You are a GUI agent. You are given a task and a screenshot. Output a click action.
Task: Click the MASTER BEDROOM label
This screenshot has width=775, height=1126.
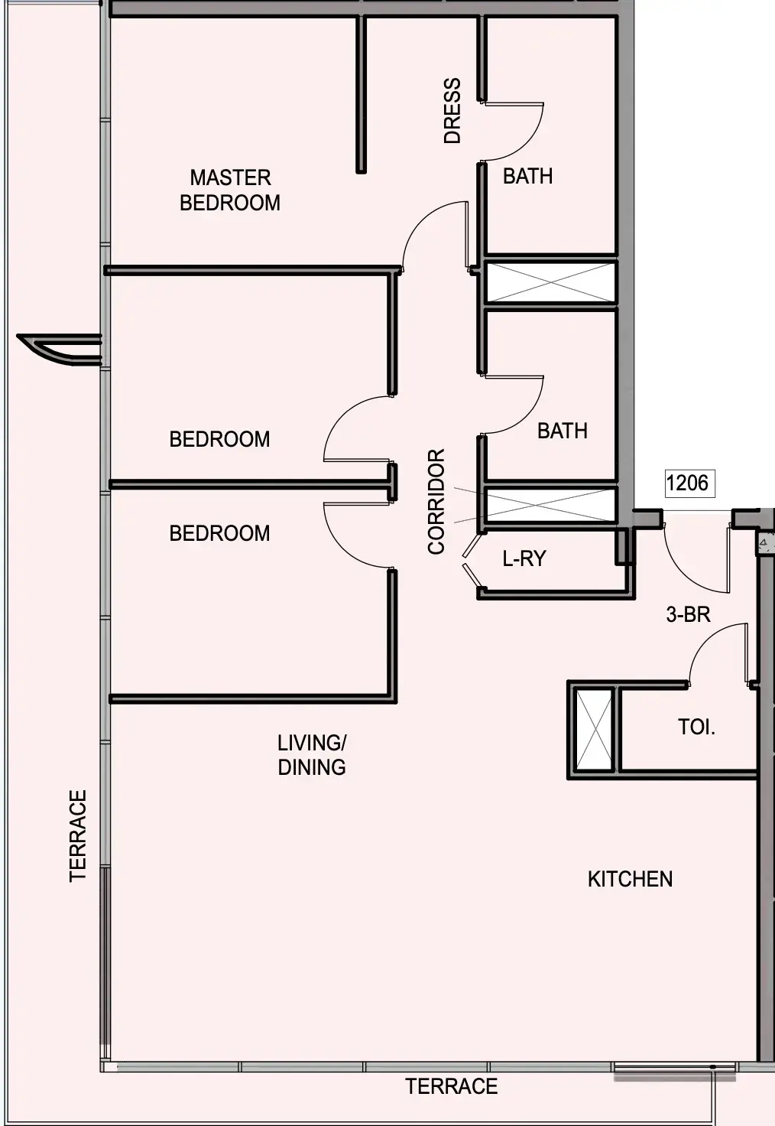pyautogui.click(x=230, y=190)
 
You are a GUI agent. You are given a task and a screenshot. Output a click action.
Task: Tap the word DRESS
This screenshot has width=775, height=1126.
pyautogui.click(x=452, y=111)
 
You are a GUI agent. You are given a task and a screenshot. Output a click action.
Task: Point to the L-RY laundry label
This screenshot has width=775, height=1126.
pyautogui.click(x=524, y=558)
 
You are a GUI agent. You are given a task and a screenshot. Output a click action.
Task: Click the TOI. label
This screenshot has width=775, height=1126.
pyautogui.click(x=696, y=727)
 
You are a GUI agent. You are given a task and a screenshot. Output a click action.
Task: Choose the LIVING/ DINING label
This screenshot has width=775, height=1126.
pyautogui.click(x=312, y=755)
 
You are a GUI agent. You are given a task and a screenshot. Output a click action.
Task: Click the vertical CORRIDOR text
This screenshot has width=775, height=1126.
pyautogui.click(x=436, y=501)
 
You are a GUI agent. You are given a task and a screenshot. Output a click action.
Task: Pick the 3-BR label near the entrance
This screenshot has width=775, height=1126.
pyautogui.click(x=688, y=614)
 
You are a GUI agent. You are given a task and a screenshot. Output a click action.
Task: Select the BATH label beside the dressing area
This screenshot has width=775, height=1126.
pyautogui.click(x=528, y=177)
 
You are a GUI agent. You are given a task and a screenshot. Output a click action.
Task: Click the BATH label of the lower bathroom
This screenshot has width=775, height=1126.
pyautogui.click(x=562, y=431)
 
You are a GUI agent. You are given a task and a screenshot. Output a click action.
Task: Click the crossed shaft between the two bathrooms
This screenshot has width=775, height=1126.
pyautogui.click(x=551, y=282)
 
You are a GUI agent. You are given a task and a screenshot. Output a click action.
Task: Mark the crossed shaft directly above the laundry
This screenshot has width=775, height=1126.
pyautogui.click(x=551, y=505)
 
